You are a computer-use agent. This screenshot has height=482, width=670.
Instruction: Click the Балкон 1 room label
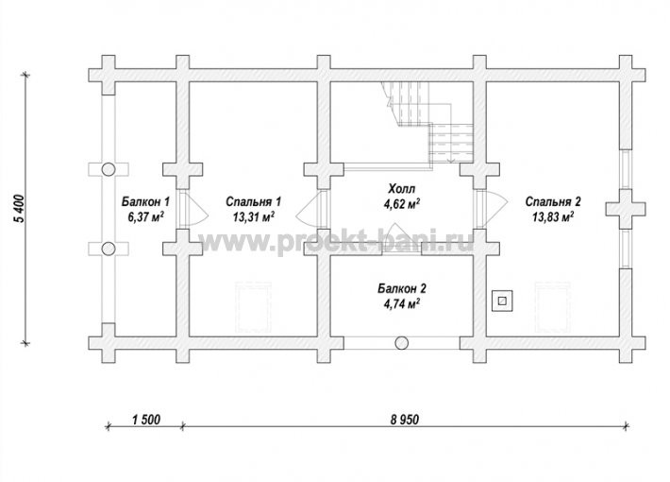[145, 201]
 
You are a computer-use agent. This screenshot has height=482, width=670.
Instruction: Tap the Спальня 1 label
[253, 201]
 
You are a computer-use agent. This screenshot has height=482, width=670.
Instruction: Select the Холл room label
[402, 188]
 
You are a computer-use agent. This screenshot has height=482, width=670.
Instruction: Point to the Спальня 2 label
[553, 201]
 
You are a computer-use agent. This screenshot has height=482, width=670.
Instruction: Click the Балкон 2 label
[402, 288]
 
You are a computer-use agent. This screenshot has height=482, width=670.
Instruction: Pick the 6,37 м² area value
[145, 216]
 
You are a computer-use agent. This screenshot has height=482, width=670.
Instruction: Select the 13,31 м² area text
[254, 216]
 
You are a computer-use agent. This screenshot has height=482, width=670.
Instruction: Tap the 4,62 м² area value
[402, 204]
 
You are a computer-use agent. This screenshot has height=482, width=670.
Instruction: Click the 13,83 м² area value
[553, 216]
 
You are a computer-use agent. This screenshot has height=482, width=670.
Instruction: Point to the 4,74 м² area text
[402, 304]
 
